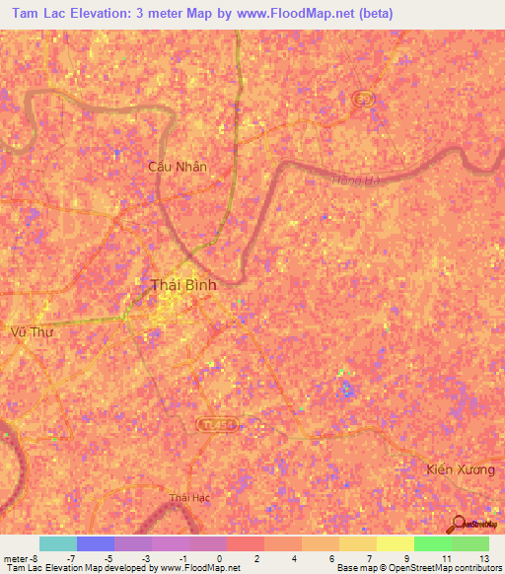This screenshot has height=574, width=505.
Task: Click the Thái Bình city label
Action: click(x=183, y=285)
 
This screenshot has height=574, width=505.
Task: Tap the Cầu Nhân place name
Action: click(x=178, y=167)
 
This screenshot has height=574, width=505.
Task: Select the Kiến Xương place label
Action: click(x=462, y=469)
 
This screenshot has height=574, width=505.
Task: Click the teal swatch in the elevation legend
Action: click(x=58, y=543)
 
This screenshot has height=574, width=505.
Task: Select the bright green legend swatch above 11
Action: click(x=432, y=543)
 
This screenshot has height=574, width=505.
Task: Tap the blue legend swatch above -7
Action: click(x=96, y=543)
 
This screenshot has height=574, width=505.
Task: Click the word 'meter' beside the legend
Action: click(x=14, y=558)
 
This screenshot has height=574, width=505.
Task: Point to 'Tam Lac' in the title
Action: click(x=37, y=13)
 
